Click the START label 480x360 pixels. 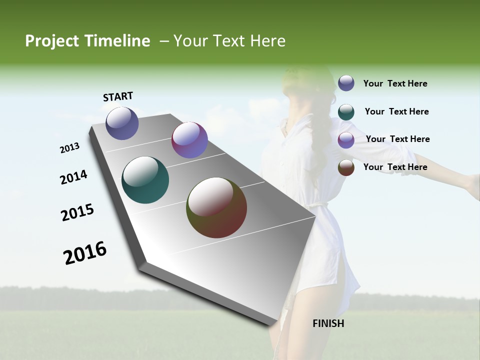(x=118, y=96)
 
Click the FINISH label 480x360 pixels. (x=328, y=323)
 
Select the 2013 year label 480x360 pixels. (x=69, y=148)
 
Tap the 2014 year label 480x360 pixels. (x=73, y=177)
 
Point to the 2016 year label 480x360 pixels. (x=85, y=253)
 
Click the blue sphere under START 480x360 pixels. (x=122, y=123)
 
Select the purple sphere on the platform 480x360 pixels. (x=189, y=140)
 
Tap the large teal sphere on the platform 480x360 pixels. (x=145, y=180)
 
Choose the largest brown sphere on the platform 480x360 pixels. (x=216, y=207)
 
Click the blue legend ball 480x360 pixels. (x=346, y=83)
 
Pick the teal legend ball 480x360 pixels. (x=346, y=112)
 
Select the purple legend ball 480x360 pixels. (x=346, y=140)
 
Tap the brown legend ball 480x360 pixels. (x=346, y=167)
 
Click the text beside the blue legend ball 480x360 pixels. (x=395, y=83)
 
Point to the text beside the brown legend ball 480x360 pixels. (x=395, y=167)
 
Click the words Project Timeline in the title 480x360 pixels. (x=87, y=41)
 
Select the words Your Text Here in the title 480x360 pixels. (x=229, y=41)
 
